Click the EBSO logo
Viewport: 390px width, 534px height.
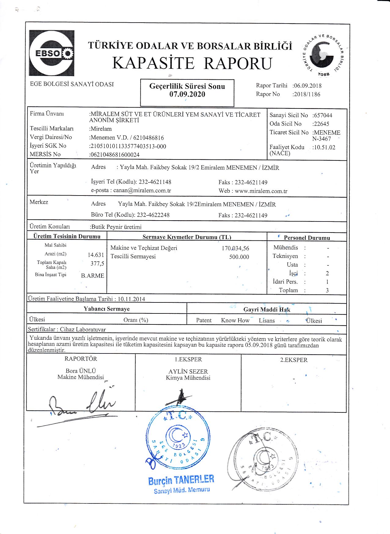(x=51, y=53)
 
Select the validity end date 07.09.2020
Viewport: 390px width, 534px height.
(x=187, y=94)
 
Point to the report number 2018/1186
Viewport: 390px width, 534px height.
(x=307, y=94)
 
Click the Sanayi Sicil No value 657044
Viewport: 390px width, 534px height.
(x=323, y=115)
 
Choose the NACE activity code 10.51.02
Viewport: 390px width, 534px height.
(x=324, y=147)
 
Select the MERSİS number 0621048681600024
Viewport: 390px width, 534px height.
(x=115, y=155)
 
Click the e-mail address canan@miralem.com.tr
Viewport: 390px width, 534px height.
(x=142, y=191)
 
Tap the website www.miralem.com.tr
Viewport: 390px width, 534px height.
(x=261, y=191)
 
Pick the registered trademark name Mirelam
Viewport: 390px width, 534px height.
(x=101, y=129)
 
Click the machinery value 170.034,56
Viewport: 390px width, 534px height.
(x=235, y=248)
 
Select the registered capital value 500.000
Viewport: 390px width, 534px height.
(x=239, y=257)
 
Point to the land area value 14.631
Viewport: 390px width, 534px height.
(x=96, y=255)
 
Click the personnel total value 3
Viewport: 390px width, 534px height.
(x=327, y=291)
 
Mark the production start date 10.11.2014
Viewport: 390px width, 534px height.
(x=131, y=299)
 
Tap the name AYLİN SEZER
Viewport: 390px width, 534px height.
(x=188, y=371)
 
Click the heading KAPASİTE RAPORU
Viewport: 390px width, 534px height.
(x=192, y=64)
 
